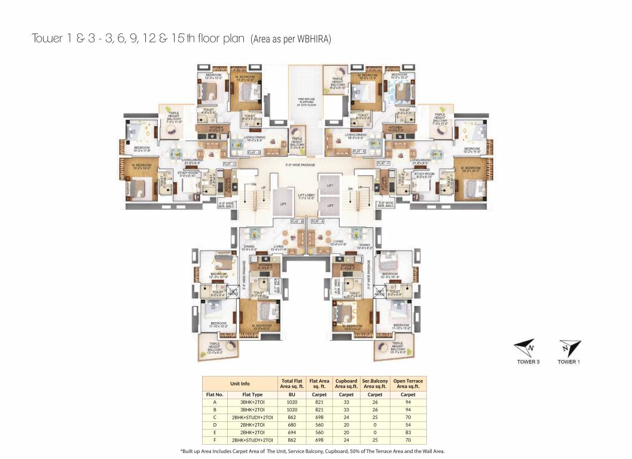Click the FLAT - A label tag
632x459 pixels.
pyautogui.click(x=316, y=221)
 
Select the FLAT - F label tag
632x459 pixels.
pyautogui.click(x=383, y=163)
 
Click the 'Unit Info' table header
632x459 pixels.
pyautogui.click(x=240, y=384)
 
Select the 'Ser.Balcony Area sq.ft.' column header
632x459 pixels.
pyautogui.click(x=375, y=384)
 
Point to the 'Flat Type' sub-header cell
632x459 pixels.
pyautogui.click(x=252, y=394)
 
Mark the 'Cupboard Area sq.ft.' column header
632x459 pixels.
pyautogui.click(x=346, y=384)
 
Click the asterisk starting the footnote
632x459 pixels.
pyautogui.click(x=181, y=451)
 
